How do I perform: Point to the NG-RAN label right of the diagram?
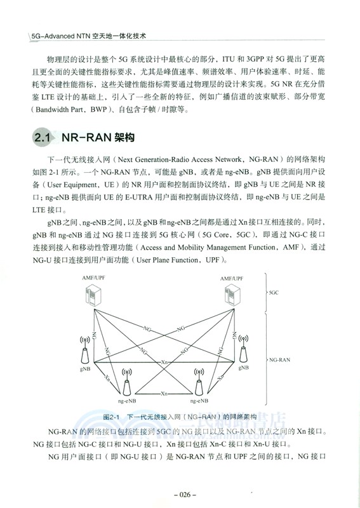coord(279,359)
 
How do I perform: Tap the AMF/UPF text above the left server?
coord(94,277)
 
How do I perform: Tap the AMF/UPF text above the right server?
coord(232,277)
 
